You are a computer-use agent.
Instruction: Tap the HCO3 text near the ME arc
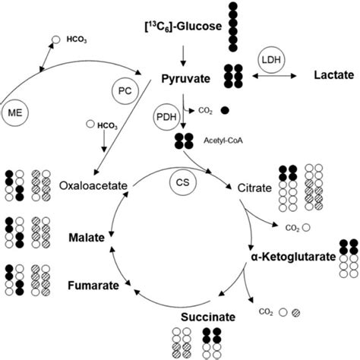(x=76, y=38)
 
